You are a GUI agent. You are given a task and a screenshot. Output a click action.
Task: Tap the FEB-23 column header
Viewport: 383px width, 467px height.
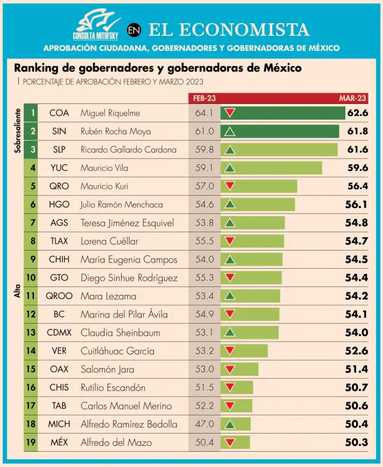[x=204, y=98]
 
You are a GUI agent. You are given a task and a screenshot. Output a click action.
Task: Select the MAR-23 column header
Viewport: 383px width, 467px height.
[x=353, y=98]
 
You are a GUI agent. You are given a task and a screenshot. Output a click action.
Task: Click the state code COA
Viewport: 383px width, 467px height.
[x=59, y=113]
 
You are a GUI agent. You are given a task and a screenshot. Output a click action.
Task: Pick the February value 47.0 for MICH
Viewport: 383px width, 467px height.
[x=204, y=424]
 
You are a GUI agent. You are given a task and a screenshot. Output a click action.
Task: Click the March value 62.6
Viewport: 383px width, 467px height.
[x=357, y=113]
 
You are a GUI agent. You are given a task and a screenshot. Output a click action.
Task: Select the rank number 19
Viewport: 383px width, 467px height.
[x=32, y=442]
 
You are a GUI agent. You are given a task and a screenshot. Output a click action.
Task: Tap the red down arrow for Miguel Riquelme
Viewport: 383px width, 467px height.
[x=230, y=113]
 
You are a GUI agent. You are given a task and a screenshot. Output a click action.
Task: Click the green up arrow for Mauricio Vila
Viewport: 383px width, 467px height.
[x=230, y=168]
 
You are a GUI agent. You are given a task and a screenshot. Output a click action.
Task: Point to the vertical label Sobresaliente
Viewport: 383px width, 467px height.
[x=18, y=130]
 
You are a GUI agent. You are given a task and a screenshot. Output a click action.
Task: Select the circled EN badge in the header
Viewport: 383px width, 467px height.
[x=134, y=29]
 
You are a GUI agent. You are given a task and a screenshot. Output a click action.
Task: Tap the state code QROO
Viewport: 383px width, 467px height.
[x=59, y=296]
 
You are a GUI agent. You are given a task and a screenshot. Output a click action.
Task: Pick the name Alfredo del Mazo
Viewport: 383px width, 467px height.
[x=117, y=442]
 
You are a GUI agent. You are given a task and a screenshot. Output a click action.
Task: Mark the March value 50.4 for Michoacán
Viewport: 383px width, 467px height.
[x=356, y=424]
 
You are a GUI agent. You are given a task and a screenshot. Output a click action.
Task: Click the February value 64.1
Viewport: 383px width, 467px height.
[x=204, y=113]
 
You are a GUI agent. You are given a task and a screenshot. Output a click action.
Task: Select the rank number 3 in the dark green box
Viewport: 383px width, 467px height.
[x=32, y=150]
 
